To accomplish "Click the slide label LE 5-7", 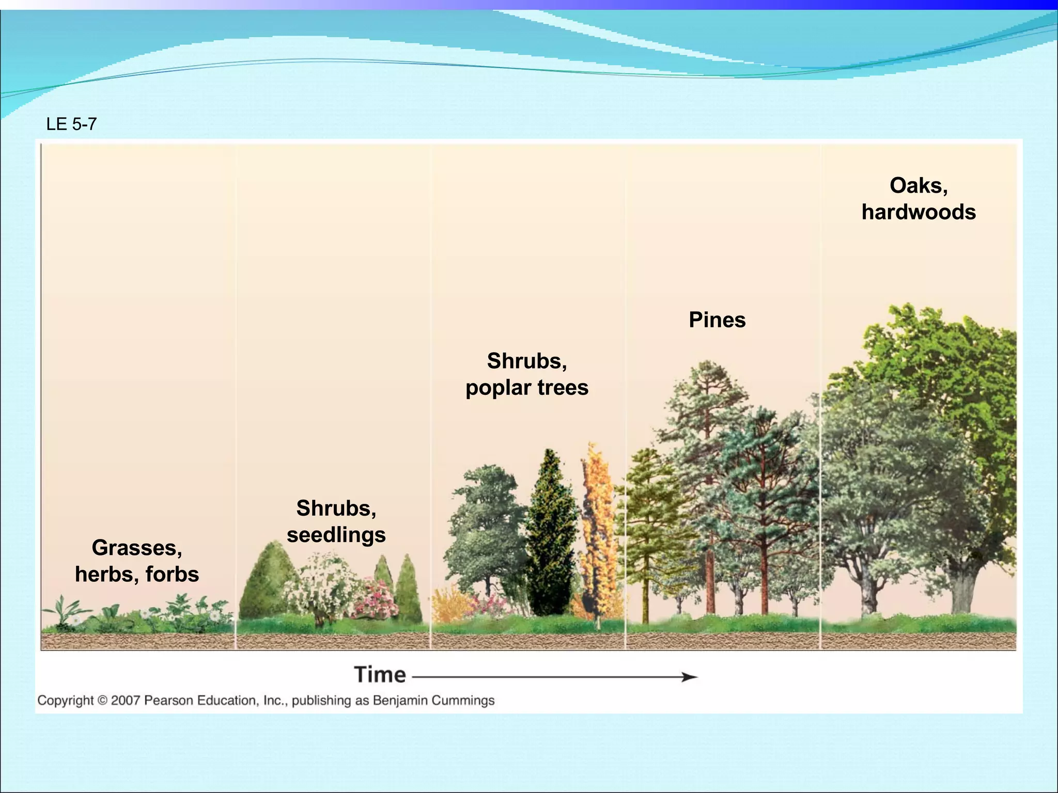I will coord(71,124).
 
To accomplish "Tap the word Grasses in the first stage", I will coord(135,548).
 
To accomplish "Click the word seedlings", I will coord(336,535).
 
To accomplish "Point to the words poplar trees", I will coord(526,388).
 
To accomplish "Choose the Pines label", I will coord(717,320).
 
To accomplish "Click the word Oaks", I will coord(917,186).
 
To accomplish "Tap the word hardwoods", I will coord(919,212).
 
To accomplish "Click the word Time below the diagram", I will coord(380,675).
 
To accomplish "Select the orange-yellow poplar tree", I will coord(598,532).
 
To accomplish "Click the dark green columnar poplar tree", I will coord(551,537).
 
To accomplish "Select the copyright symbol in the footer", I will coord(102,701).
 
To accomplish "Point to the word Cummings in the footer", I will coord(463,701).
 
